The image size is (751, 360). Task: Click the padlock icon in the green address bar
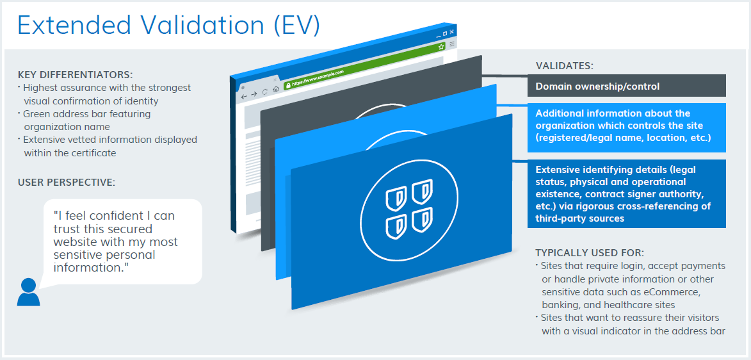(288, 85)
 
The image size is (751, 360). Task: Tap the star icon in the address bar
(441, 47)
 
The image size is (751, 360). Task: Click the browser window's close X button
(451, 32)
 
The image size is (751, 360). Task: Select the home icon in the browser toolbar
(276, 89)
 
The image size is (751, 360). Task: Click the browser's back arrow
(245, 97)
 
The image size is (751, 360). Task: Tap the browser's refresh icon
(265, 92)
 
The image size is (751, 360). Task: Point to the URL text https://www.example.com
(318, 78)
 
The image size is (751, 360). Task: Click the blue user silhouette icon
(28, 292)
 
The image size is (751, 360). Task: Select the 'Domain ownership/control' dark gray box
(626, 86)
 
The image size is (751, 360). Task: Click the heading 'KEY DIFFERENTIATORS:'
(75, 75)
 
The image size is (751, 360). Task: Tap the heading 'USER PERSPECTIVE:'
(66, 182)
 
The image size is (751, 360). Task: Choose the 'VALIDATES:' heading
(564, 66)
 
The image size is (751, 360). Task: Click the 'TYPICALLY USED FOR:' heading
(590, 252)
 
